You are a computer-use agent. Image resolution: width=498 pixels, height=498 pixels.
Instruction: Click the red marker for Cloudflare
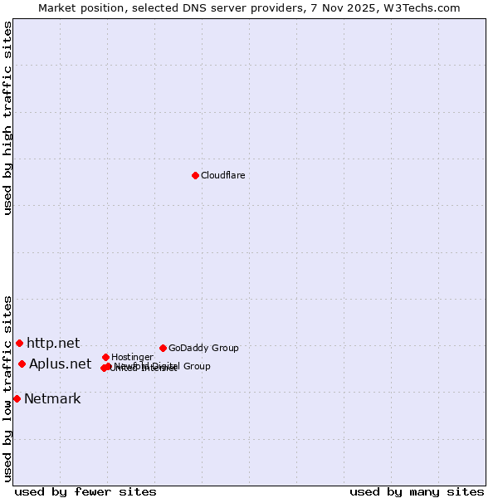point(195,175)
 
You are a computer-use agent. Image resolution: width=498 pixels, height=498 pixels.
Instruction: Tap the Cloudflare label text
point(222,175)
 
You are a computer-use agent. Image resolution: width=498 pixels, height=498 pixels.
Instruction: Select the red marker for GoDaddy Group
point(163,348)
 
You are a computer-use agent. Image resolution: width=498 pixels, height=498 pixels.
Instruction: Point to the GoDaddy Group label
point(203,348)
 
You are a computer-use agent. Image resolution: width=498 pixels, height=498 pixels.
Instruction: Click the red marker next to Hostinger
point(105,357)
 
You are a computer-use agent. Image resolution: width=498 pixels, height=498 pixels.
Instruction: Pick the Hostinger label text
point(132,357)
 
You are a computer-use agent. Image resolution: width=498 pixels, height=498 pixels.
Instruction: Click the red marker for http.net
point(19,343)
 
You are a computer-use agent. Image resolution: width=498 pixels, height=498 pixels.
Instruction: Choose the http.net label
point(53,343)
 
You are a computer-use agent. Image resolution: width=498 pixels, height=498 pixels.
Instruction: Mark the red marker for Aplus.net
point(22,364)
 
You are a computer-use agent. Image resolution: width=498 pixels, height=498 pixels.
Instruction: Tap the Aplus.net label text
point(60,364)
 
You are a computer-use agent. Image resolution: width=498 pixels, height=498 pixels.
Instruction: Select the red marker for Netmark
point(17,398)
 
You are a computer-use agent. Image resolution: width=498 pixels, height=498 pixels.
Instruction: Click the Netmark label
point(52,398)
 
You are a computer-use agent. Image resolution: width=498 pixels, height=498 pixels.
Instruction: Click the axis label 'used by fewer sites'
point(85,491)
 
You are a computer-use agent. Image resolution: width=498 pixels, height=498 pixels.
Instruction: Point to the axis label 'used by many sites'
point(417,491)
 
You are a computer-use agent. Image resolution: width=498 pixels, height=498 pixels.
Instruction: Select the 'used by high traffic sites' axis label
point(7,118)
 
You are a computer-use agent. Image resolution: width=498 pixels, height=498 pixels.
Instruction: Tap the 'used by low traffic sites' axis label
point(7,388)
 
